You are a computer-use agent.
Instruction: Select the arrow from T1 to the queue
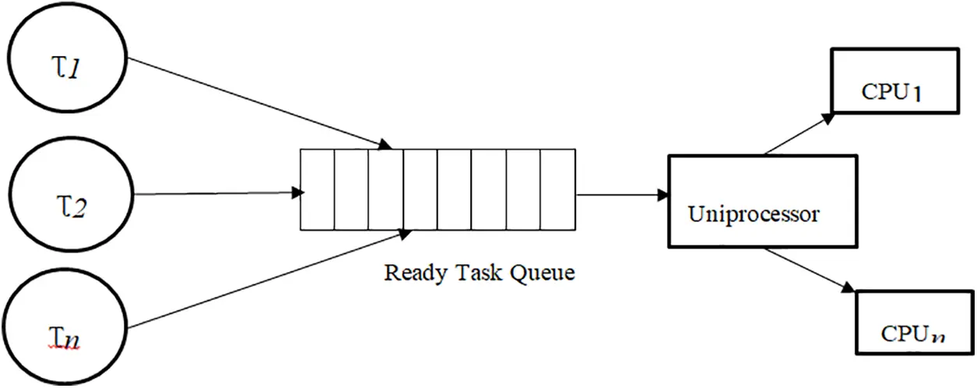pos(257,101)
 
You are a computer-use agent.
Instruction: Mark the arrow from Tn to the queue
pos(272,280)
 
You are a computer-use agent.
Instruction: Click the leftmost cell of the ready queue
pos(317,189)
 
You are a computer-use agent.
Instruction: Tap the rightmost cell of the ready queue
pos(557,189)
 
